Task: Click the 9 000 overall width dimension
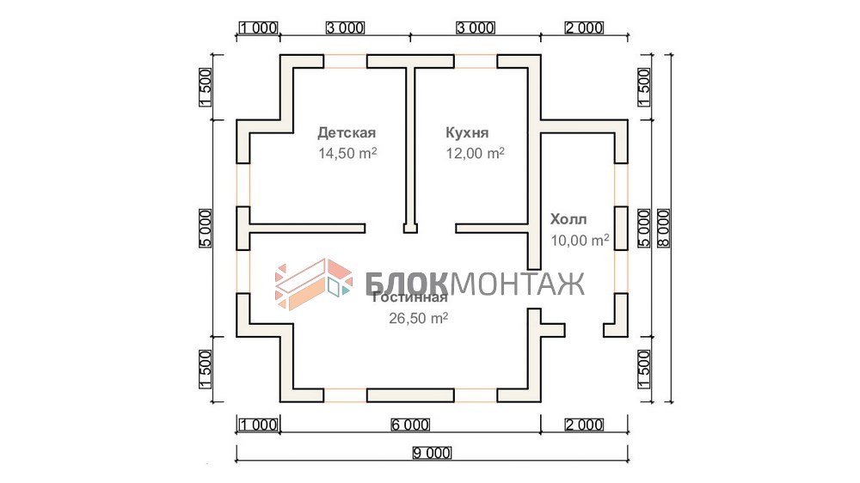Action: [433, 453]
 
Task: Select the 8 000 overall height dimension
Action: [664, 228]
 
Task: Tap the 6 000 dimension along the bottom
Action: [410, 425]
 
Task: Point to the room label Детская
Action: [347, 132]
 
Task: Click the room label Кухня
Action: [467, 132]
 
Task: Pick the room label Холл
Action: [568, 219]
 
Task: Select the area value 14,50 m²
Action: [347, 154]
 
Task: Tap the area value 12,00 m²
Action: [475, 154]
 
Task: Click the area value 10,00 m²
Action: [580, 240]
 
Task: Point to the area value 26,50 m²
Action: [418, 318]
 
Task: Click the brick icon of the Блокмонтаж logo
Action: [314, 284]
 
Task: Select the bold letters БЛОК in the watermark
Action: [407, 284]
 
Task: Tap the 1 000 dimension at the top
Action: [258, 28]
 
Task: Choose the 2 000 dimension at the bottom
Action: [584, 425]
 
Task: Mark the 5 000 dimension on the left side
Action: [206, 228]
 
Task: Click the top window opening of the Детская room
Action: [345, 61]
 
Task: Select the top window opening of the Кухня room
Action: [476, 61]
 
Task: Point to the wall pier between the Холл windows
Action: [621, 228]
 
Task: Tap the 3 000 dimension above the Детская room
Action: [345, 28]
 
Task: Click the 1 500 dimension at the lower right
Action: [644, 370]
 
